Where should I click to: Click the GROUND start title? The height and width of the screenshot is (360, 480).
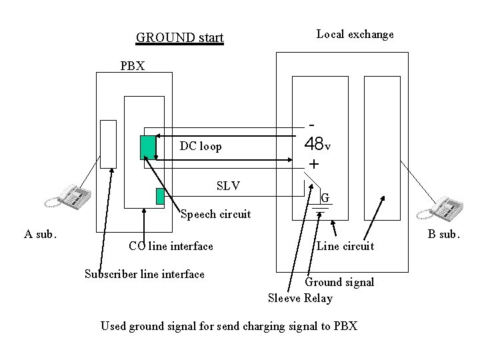tap(179, 37)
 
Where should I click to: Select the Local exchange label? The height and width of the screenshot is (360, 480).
tap(355, 34)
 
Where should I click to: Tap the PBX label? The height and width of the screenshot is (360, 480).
tap(136, 66)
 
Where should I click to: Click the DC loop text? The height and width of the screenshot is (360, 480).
tap(201, 146)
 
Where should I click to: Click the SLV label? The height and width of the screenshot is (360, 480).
tap(229, 185)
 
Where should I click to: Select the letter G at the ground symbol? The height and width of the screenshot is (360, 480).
tap(325, 198)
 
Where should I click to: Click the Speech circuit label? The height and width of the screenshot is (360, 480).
tap(216, 214)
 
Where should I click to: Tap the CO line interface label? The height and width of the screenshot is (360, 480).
tap(171, 247)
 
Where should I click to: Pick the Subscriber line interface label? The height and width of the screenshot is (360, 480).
tap(145, 274)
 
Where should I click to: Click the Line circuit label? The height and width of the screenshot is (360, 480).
tap(345, 247)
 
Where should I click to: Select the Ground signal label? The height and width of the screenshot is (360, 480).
tap(339, 282)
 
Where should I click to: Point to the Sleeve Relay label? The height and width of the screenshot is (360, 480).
tap(300, 298)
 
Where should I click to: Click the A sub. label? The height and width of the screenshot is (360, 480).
tap(41, 234)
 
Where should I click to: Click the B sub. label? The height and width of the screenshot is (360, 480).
tap(441, 234)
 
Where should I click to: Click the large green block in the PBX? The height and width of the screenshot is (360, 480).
tap(148, 147)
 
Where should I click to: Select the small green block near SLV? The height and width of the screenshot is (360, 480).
tap(160, 196)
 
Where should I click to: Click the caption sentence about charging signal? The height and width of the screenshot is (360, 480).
tap(229, 326)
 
